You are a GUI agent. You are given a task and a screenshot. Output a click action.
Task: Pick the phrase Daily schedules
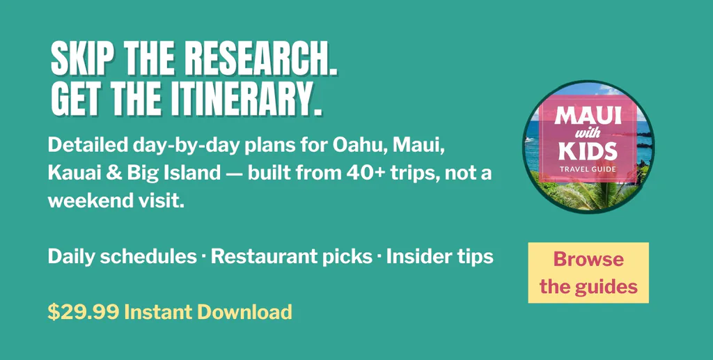pos(123,256)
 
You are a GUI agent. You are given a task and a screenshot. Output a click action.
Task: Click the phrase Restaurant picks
pos(292,257)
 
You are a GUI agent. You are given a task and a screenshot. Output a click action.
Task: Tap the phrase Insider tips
pos(440,257)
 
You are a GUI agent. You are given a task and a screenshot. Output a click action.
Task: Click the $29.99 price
pos(84,312)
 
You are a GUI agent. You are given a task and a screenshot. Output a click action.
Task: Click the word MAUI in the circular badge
pos(588,117)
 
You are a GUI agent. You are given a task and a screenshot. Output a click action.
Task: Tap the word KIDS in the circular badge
pos(588,151)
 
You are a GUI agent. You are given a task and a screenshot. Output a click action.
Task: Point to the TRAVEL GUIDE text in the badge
pos(588,169)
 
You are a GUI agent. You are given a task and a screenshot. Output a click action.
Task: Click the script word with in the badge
pos(588,134)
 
